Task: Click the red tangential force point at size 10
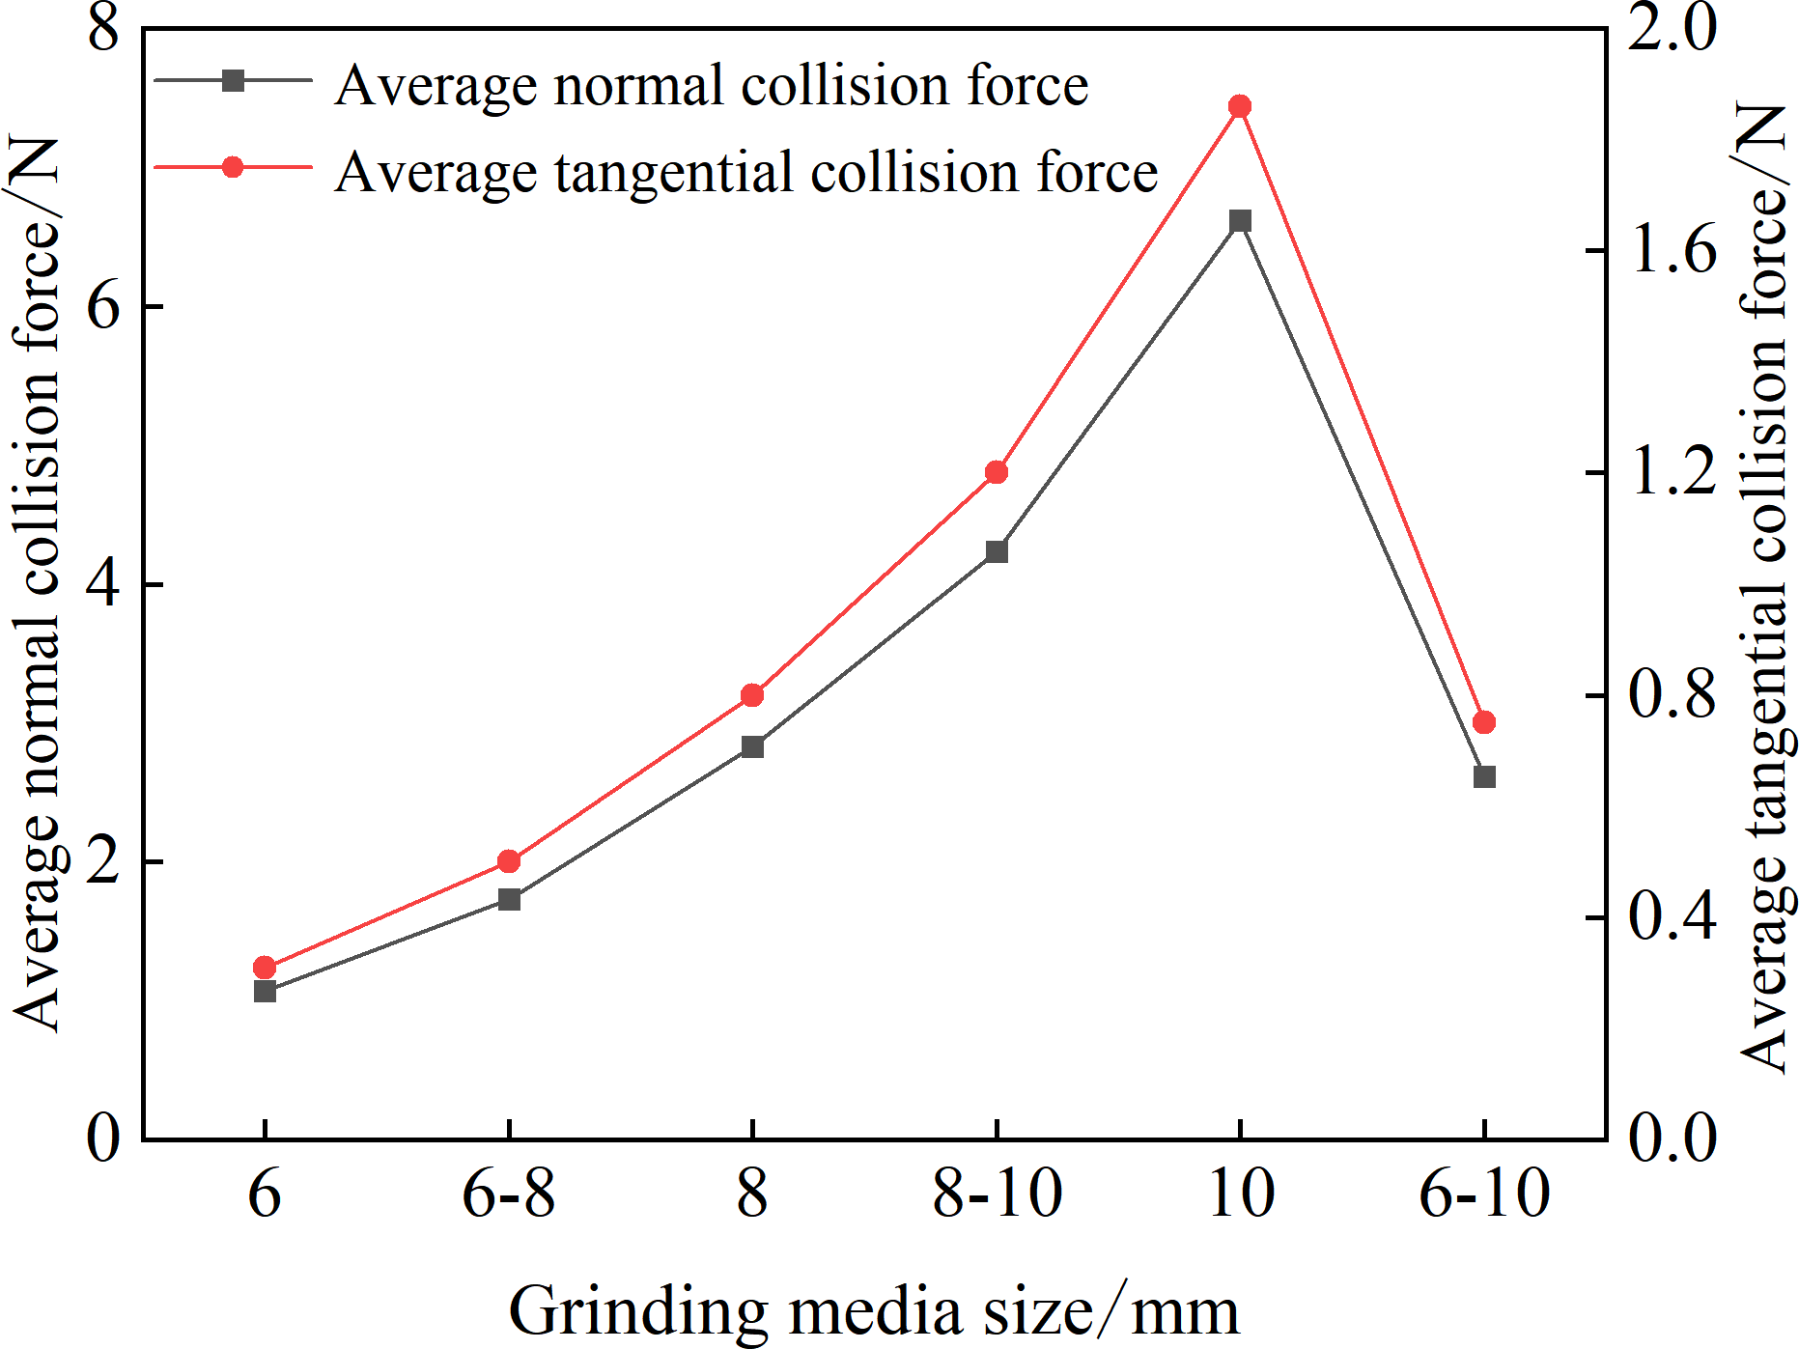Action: point(1240,106)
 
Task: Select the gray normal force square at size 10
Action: point(1240,221)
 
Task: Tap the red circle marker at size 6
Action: point(265,968)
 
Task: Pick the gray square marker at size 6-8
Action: point(509,899)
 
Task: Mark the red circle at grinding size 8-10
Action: point(997,472)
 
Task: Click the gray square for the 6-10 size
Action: point(1484,776)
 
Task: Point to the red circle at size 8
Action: point(752,695)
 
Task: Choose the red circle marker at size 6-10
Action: point(1484,722)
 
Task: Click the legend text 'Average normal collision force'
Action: point(712,85)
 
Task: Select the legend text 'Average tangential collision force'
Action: point(746,172)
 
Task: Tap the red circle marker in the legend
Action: point(233,167)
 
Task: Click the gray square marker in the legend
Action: point(233,80)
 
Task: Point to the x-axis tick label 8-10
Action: point(998,1194)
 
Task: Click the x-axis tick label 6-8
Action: point(509,1194)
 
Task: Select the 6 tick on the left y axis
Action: point(102,307)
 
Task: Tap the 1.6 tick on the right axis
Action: point(1673,251)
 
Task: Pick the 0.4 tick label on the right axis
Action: point(1673,917)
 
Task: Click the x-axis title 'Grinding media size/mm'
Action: point(874,1311)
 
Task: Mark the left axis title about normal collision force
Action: point(37,584)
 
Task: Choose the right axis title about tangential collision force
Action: point(1765,587)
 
